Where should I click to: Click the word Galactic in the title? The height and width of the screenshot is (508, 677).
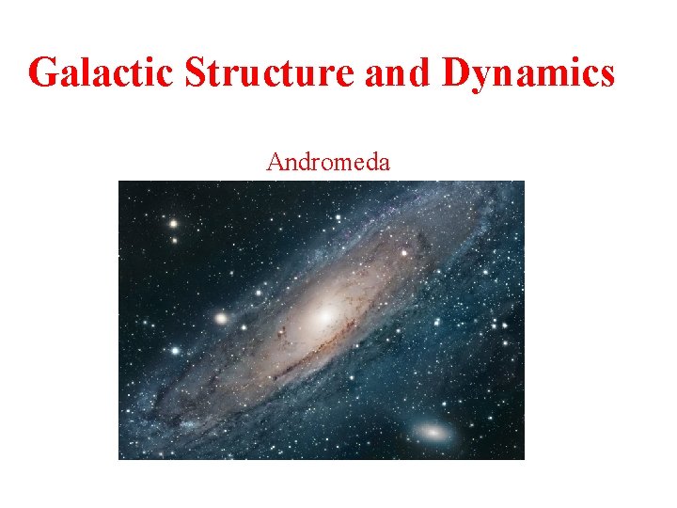(100, 72)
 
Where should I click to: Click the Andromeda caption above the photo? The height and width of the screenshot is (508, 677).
(328, 163)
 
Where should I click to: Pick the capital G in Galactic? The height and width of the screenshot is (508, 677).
(43, 72)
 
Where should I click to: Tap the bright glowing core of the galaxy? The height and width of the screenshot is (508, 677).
(324, 316)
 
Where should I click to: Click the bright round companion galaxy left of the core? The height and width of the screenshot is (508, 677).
(221, 318)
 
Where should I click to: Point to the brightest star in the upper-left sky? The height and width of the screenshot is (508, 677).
(173, 224)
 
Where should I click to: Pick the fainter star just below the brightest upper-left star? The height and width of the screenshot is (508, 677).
(174, 240)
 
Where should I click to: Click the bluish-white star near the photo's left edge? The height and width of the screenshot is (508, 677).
(175, 350)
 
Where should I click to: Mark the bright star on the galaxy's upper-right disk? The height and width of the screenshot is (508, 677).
(403, 252)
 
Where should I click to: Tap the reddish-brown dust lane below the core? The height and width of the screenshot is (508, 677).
(310, 353)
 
